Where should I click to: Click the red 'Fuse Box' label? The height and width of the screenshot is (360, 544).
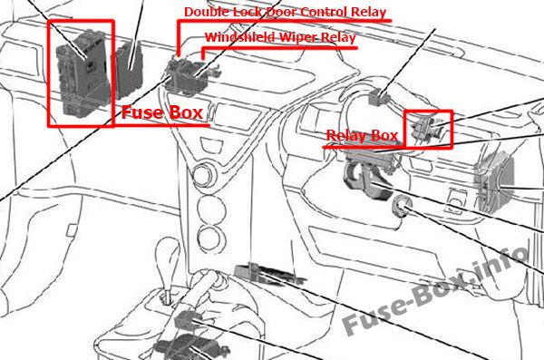[x=162, y=112]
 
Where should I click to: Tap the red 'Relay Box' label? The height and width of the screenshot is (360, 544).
[x=362, y=135]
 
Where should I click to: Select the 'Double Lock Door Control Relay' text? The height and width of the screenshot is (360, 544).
[x=285, y=12]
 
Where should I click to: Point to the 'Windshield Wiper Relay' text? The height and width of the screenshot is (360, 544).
[x=280, y=37]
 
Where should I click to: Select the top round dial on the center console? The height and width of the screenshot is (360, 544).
[x=204, y=175]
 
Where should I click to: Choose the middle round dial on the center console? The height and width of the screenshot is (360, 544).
[x=211, y=208]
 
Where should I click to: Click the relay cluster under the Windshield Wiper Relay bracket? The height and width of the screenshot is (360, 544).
[x=189, y=76]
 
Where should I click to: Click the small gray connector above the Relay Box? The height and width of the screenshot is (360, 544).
[x=379, y=96]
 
